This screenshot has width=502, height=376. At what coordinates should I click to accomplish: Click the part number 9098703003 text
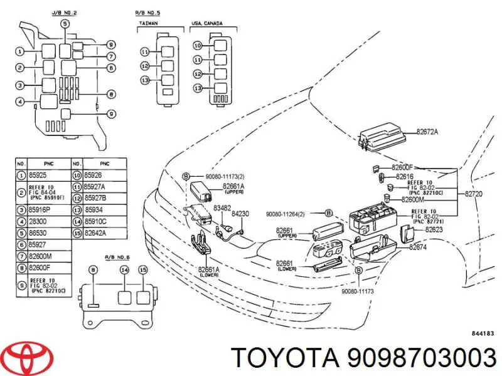coord(363,358)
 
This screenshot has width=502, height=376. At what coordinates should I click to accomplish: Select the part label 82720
coord(474,194)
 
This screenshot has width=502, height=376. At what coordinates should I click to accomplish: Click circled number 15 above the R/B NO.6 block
coord(142,269)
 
